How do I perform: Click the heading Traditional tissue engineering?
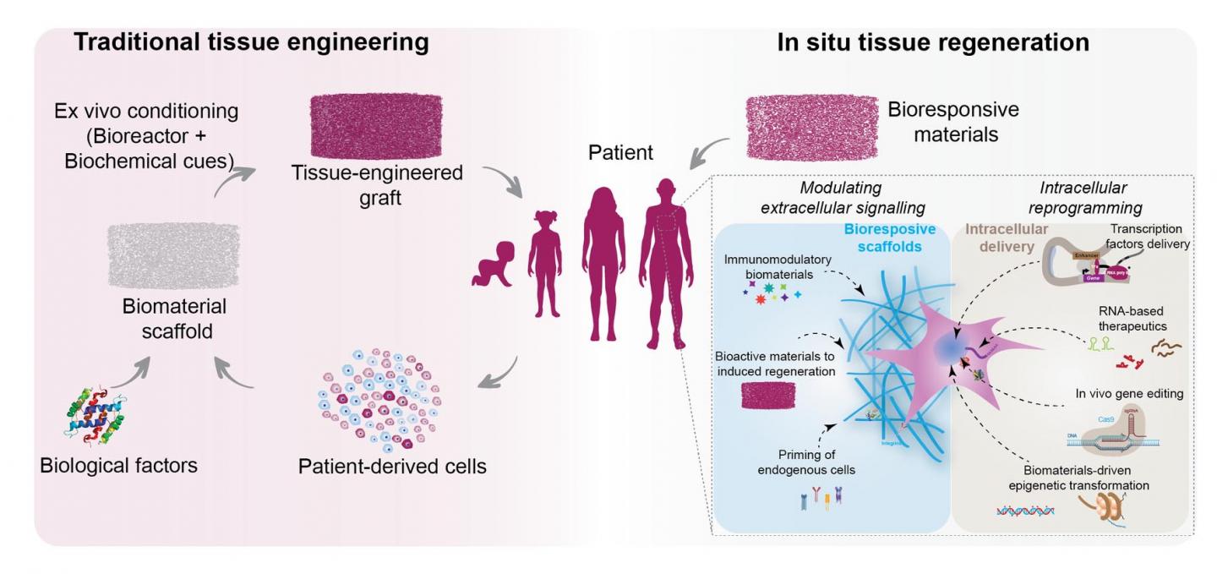click(251, 42)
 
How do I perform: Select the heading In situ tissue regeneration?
click(933, 42)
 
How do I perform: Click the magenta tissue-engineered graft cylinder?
click(372, 123)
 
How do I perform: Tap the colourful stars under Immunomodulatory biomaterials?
click(765, 295)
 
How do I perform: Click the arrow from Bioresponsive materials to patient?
click(709, 151)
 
